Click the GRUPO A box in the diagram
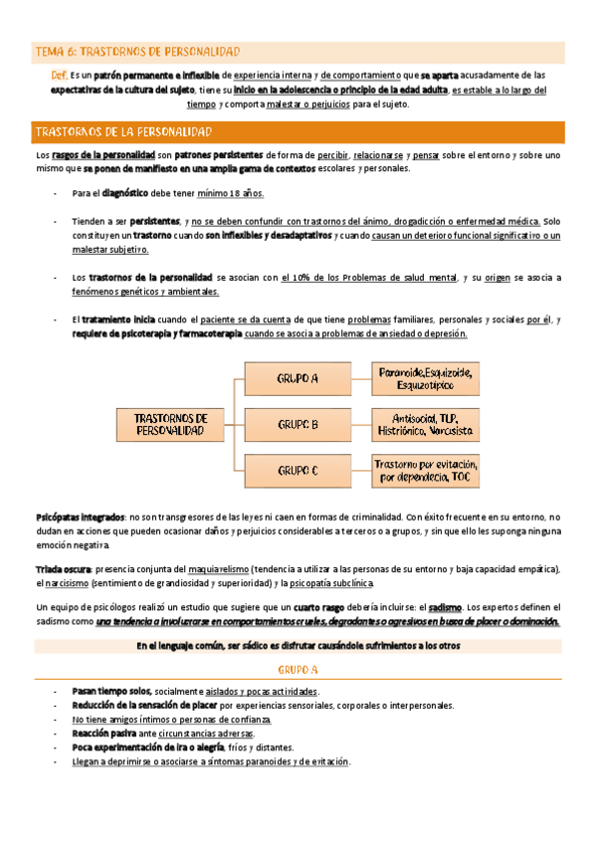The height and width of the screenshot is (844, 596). [x=298, y=379]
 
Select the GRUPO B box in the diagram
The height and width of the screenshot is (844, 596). [x=298, y=425]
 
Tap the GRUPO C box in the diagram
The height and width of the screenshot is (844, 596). [x=298, y=470]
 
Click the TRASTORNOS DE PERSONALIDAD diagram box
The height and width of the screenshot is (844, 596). [x=171, y=425]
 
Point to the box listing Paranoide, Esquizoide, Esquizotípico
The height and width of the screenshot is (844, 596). [x=425, y=378]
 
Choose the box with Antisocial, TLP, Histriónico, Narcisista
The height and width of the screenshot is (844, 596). [x=425, y=425]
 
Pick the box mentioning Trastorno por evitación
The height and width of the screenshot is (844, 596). [x=425, y=470]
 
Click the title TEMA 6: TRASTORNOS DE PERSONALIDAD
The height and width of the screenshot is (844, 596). [x=137, y=52]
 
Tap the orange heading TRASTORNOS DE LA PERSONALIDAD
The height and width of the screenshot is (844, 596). [x=134, y=131]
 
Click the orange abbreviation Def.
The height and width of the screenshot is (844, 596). [x=59, y=76]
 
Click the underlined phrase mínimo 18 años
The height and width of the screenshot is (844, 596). [x=230, y=193]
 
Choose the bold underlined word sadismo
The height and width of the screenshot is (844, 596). [x=444, y=606]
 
